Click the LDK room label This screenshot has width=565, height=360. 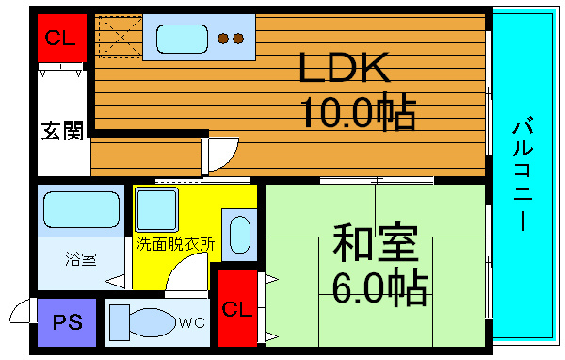[x=344, y=68]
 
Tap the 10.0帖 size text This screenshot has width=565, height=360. [x=358, y=112]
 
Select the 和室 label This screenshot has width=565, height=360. [x=376, y=242]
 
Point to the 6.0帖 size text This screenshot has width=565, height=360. [x=379, y=286]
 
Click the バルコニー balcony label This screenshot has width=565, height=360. [x=523, y=173]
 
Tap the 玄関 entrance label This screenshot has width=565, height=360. [x=62, y=130]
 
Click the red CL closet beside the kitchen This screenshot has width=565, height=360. [x=62, y=38]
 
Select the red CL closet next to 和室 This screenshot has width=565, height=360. [x=237, y=308]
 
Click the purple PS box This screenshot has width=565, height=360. [x=67, y=322]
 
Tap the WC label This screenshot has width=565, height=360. [x=192, y=323]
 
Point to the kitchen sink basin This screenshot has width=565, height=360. [x=182, y=39]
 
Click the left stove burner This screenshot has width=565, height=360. [x=223, y=39]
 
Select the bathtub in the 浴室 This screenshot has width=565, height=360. [x=81, y=209]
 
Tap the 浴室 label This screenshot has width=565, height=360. [x=81, y=259]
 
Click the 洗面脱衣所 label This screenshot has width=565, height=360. [x=175, y=244]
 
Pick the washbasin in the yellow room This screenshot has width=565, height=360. [x=239, y=235]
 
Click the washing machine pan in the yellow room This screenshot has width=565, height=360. [x=156, y=210]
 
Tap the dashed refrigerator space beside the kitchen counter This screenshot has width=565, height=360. [x=121, y=37]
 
